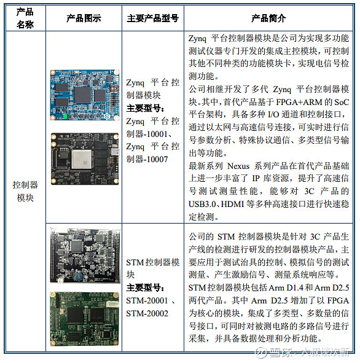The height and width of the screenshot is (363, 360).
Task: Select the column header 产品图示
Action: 83,18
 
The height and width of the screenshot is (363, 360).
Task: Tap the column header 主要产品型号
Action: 153,18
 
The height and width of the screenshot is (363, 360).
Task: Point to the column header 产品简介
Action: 270,18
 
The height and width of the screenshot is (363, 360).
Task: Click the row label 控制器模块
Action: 25,191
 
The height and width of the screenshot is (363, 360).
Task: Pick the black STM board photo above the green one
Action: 83,254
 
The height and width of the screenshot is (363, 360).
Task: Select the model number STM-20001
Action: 146,301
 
